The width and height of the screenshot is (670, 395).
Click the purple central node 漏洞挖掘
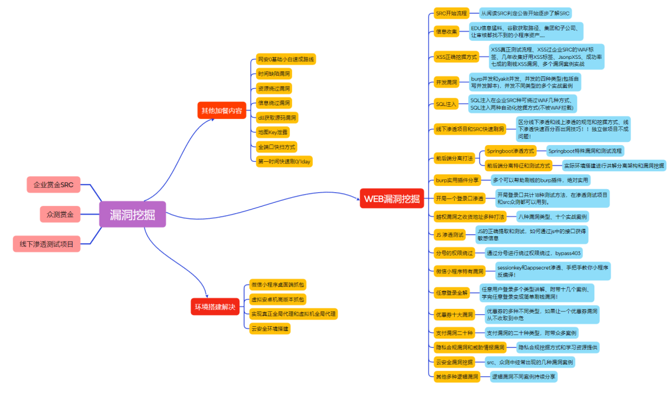[133, 215]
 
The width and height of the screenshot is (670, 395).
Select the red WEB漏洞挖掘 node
[391, 199]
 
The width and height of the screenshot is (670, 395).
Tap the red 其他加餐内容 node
[220, 111]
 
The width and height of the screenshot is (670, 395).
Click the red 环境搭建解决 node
[215, 307]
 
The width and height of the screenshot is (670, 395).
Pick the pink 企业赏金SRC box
[53, 184]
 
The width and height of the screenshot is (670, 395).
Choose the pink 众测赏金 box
[60, 215]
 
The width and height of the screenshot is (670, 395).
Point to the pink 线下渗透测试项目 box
[47, 244]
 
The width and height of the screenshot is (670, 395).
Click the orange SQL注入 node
[446, 104]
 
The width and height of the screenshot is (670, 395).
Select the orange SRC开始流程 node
[452, 13]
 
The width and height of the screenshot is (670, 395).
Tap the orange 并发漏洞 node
[447, 82]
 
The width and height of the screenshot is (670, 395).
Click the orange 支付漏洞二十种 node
[455, 332]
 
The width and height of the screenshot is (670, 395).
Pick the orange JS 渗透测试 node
[449, 235]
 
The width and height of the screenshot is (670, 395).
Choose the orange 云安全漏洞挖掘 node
[454, 362]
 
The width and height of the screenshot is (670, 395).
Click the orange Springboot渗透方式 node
[511, 151]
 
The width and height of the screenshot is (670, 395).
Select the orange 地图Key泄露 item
[274, 132]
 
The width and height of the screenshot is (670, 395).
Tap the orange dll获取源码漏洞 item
[277, 117]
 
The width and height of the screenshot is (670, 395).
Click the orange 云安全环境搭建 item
[270, 328]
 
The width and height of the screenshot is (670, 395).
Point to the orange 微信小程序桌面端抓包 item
[277, 285]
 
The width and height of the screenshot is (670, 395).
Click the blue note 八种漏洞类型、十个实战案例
[553, 217]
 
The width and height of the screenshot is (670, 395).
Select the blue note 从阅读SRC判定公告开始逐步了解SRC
[525, 13]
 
